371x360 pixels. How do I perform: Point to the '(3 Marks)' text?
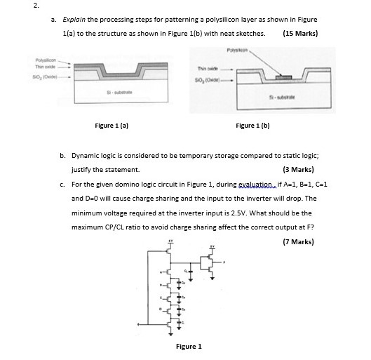299,169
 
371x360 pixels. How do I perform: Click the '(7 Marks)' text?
299,242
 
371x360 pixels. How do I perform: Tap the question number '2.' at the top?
7,6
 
